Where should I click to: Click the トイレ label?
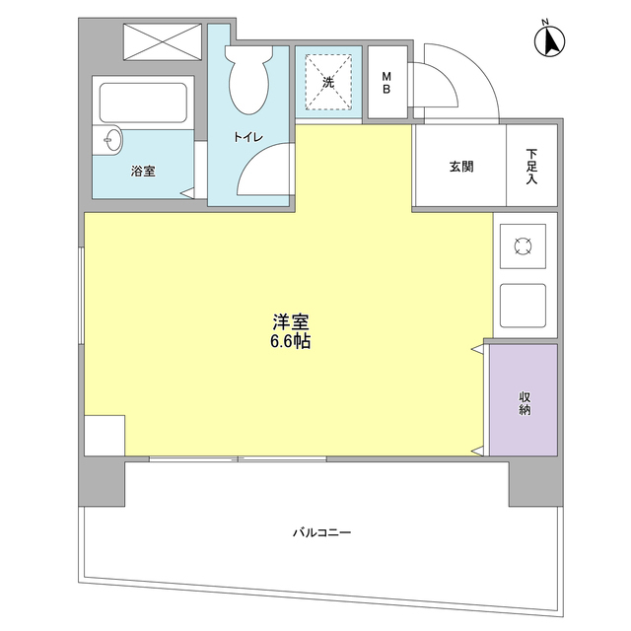click(247, 137)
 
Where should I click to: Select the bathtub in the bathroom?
click(143, 103)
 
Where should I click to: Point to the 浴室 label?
click(143, 171)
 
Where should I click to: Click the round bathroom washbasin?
click(109, 139)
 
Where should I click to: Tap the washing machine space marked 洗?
click(328, 83)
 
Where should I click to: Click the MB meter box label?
click(386, 83)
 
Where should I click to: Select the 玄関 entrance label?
click(460, 167)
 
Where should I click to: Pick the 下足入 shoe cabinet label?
click(531, 167)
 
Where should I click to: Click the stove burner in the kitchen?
click(523, 245)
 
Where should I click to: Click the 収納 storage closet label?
click(524, 402)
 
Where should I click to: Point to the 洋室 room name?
click(292, 322)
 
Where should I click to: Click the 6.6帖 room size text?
click(292, 342)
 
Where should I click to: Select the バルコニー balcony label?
click(321, 532)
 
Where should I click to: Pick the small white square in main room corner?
click(105, 436)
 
